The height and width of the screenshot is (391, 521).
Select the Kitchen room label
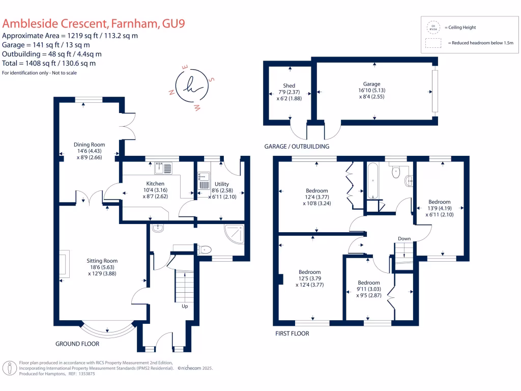[155, 183]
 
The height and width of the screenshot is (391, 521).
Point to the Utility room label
[222, 184]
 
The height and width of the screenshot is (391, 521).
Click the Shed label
[289, 86]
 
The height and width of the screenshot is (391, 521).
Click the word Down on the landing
[404, 239]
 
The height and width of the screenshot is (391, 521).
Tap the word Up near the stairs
[185, 306]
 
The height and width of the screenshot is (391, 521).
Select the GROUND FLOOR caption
[77, 344]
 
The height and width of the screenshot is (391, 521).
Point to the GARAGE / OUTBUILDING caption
[297, 147]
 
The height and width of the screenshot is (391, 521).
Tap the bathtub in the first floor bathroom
[371, 181]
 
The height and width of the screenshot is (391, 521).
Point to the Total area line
[49, 64]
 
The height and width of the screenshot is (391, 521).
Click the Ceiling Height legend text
[460, 27]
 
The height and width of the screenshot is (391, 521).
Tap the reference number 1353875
[84, 374]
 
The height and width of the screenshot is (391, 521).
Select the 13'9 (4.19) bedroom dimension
[439, 208]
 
